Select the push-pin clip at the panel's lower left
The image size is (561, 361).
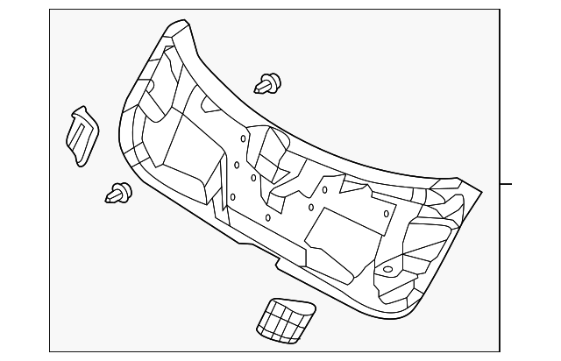(117, 192)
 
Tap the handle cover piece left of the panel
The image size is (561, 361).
(81, 136)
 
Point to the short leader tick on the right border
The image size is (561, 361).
(506, 184)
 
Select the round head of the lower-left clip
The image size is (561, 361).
(124, 190)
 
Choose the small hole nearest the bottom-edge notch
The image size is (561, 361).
(267, 217)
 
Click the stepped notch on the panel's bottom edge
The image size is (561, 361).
(279, 260)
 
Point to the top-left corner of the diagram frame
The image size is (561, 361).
(49, 11)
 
